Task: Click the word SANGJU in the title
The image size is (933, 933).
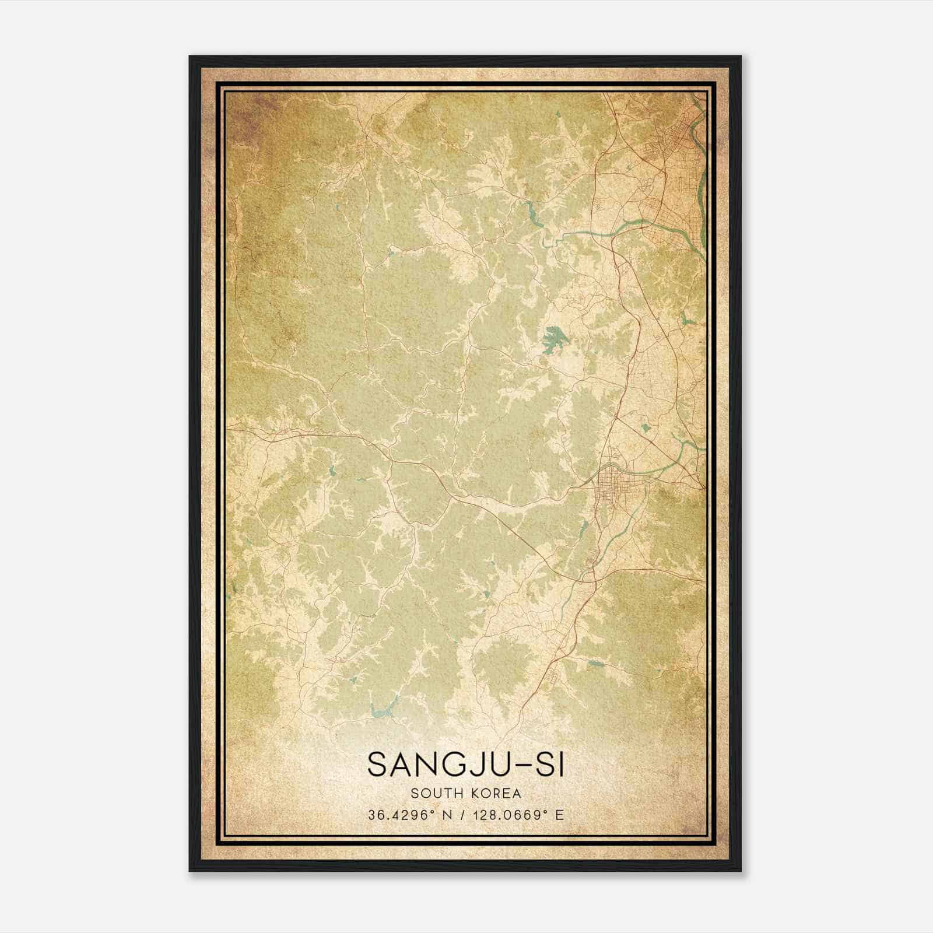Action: (434, 765)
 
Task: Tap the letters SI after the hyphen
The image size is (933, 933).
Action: (552, 765)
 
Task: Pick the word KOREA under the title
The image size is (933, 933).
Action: (497, 794)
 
